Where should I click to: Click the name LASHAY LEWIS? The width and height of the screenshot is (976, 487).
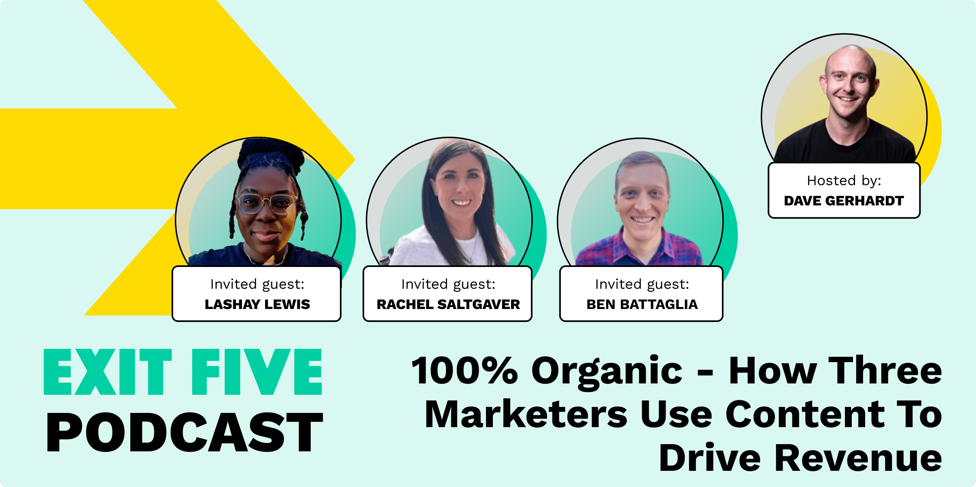pos(257,304)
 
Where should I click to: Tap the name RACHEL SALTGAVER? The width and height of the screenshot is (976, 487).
pos(448,304)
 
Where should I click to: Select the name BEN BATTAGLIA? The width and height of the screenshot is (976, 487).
pos(642,304)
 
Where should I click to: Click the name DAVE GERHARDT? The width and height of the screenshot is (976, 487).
pos(844,201)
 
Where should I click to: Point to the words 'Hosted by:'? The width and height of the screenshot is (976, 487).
pos(844,181)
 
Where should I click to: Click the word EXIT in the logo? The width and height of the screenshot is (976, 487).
pos(108,372)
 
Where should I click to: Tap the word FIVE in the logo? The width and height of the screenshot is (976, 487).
pos(257,372)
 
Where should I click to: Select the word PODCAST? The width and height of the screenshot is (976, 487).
pos(185,432)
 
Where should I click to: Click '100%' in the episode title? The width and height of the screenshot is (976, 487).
pos(465,371)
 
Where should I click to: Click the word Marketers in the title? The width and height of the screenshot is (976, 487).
pos(526,414)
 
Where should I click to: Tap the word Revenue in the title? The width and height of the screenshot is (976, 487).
pos(858,458)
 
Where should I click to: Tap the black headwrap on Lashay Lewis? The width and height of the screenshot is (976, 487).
pos(270,156)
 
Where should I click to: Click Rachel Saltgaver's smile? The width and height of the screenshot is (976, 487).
pos(461,202)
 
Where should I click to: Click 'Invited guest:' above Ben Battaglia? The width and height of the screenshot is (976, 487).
pos(642,284)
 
